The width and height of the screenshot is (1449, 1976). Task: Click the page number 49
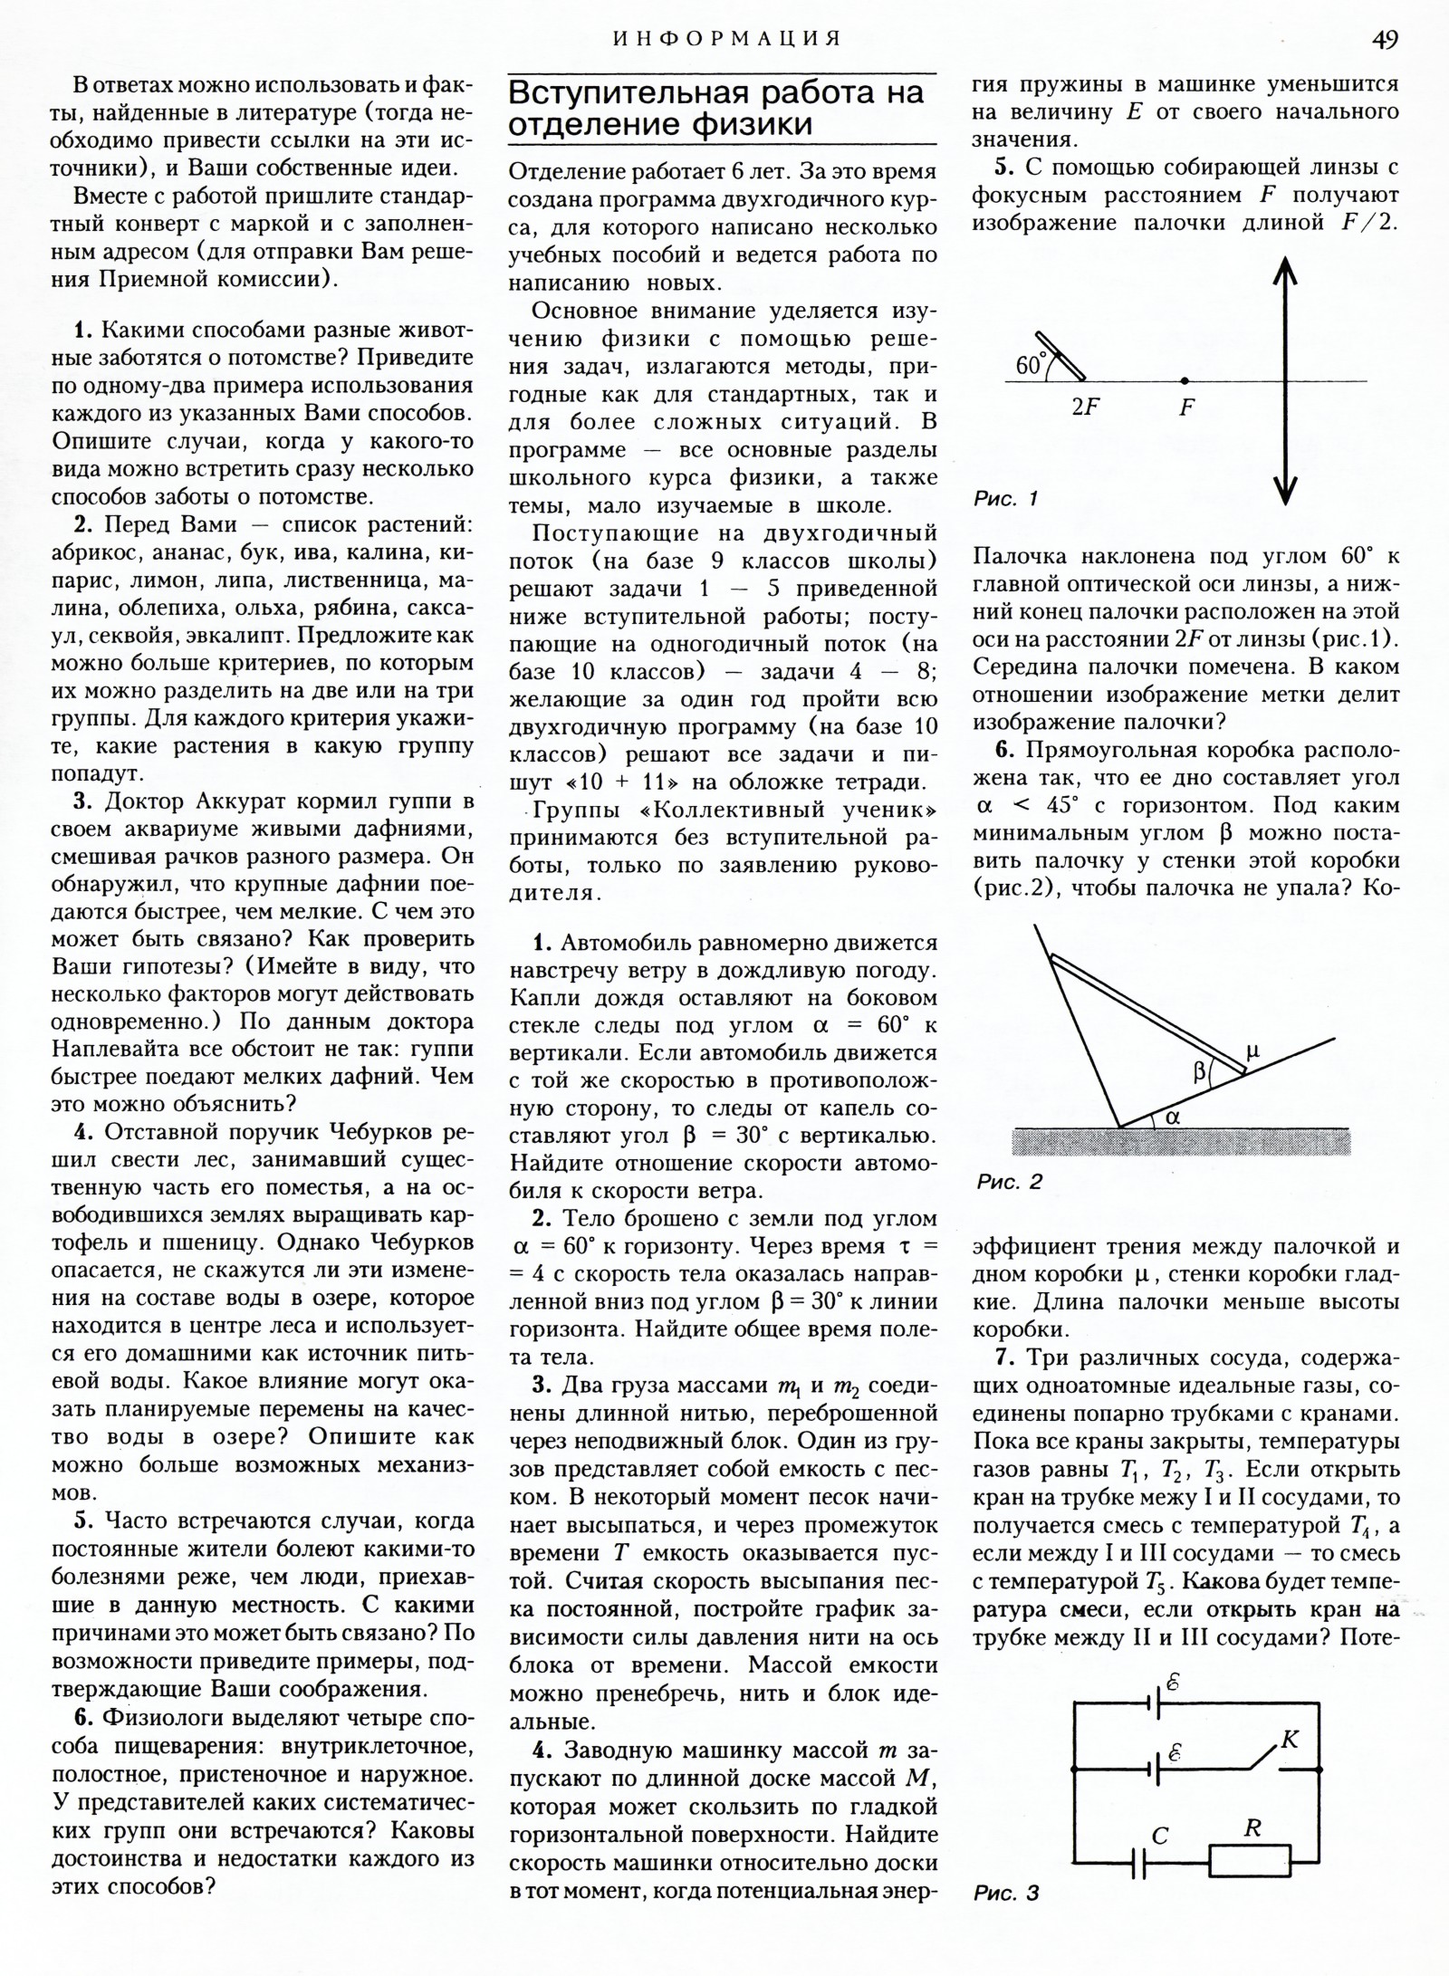click(1385, 39)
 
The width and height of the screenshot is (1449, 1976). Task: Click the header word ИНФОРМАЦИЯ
click(727, 39)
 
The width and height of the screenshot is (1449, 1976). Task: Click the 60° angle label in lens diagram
click(1030, 366)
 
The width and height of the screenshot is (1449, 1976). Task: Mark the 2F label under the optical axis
click(1085, 408)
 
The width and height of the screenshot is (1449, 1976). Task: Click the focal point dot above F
click(1185, 381)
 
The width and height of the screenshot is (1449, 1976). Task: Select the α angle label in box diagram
click(1174, 1117)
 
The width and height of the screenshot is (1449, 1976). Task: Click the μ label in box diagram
click(1252, 1050)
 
